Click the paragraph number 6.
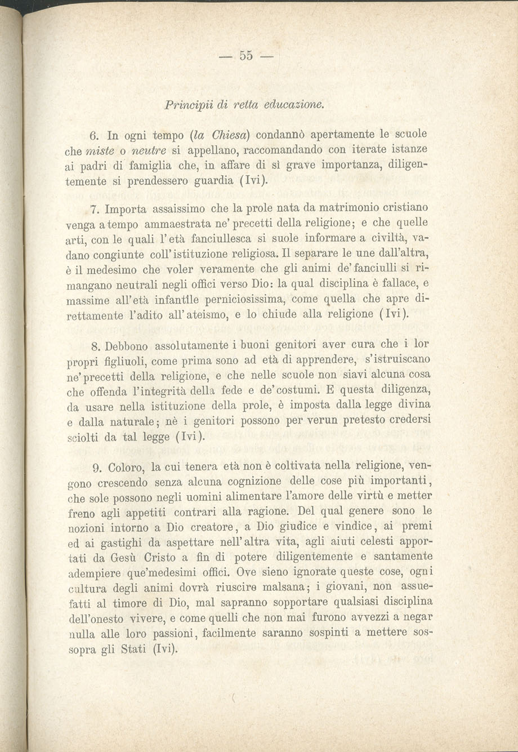point(94,135)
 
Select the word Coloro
point(127,468)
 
